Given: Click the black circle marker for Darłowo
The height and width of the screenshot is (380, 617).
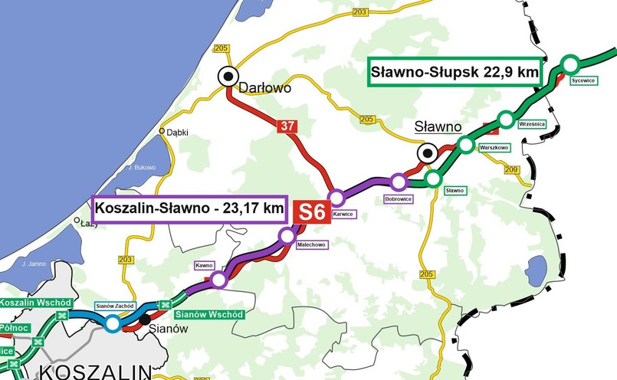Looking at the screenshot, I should (228, 76).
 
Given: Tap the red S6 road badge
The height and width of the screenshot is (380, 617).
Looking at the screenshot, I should (312, 212).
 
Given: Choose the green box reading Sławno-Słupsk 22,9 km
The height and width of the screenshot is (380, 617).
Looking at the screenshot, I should (455, 73).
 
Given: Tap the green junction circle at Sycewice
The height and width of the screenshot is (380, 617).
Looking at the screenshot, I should (570, 63).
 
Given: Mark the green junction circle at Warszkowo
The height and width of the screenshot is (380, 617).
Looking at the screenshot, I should (466, 144).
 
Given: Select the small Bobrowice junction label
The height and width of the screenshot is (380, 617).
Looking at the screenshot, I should (399, 198).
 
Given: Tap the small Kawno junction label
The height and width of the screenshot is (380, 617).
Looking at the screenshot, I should (204, 265).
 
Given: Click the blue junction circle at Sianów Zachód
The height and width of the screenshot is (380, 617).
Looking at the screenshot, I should (113, 323).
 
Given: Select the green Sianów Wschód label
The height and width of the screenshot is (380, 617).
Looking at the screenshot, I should (209, 315).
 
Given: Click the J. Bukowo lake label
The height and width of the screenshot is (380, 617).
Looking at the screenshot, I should (142, 167).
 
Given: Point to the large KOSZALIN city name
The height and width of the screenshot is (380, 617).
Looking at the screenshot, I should (100, 372).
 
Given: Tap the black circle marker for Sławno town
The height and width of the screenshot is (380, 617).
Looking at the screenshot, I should (426, 153).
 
